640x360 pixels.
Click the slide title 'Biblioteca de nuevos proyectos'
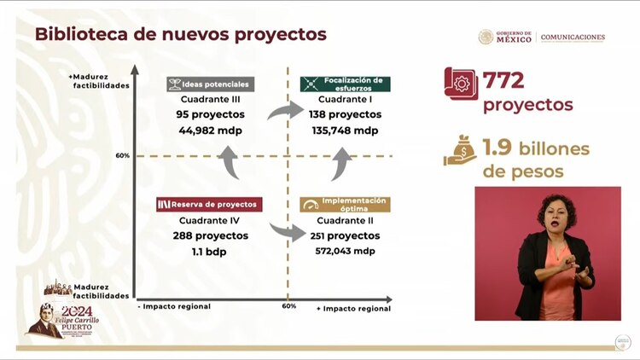point(180,35)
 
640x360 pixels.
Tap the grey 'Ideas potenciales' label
point(209,84)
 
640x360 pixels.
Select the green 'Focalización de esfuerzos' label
point(346,84)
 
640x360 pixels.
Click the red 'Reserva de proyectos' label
point(208,205)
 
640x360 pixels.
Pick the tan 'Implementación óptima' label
point(345,204)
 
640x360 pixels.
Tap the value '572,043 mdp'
point(345,251)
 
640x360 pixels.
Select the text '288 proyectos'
point(208,235)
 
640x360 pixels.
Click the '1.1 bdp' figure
point(208,252)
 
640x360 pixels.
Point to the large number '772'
point(503,81)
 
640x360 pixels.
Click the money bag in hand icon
point(460,151)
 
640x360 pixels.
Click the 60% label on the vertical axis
point(123,156)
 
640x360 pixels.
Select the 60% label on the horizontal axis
point(289,306)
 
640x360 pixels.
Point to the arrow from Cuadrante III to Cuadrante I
point(285,109)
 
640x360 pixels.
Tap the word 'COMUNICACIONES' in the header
point(573,38)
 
